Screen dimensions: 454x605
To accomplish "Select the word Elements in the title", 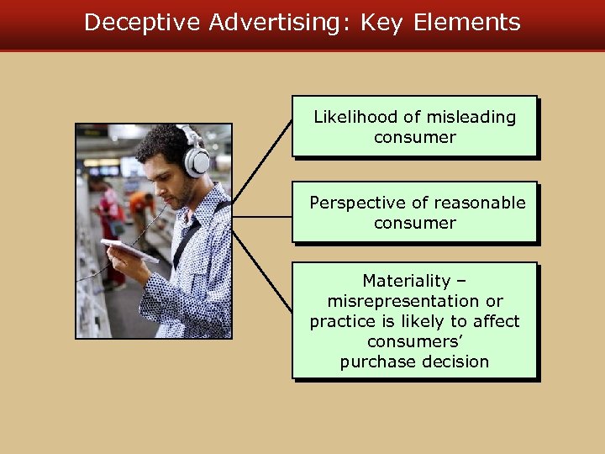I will [x=467, y=22].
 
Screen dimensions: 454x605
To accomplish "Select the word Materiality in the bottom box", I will [x=407, y=281].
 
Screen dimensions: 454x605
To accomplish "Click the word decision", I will [x=455, y=362].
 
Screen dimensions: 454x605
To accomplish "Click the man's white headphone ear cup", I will [x=196, y=161].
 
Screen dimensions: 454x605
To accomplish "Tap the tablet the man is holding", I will [x=129, y=250].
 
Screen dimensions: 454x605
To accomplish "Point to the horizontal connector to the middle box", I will [x=262, y=216].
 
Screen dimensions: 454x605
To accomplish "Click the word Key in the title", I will [x=382, y=22].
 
